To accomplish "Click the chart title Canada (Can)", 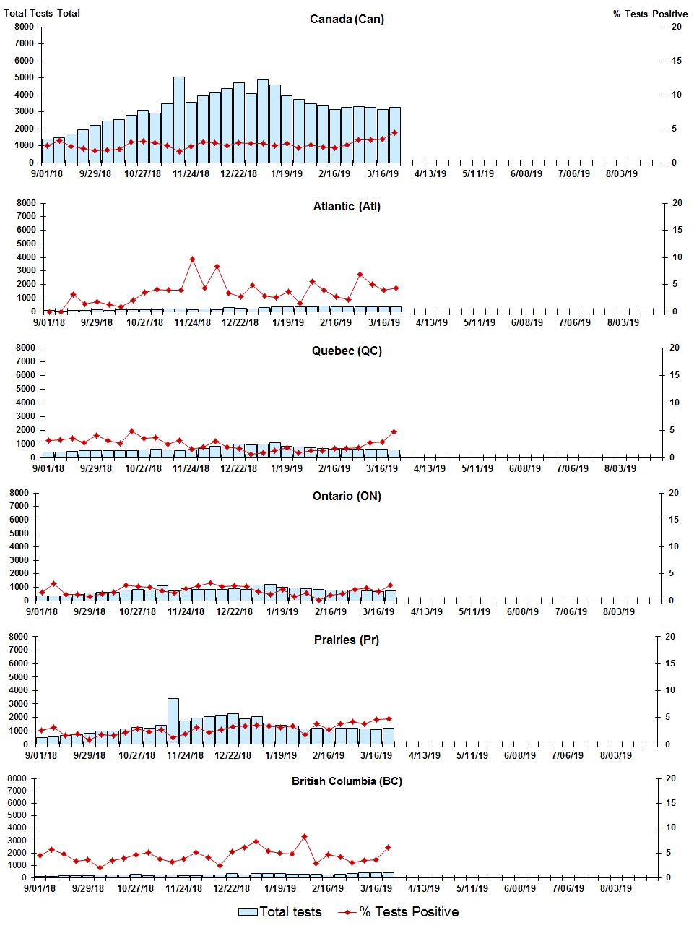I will (x=347, y=19).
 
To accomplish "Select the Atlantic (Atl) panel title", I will (x=347, y=207).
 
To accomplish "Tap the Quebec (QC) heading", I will (x=347, y=351).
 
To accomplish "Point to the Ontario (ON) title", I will (x=347, y=497).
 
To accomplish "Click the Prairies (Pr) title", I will (x=347, y=640).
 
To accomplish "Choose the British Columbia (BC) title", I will (x=347, y=781).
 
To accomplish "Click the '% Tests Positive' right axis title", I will (x=650, y=14).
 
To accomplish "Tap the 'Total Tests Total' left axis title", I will (x=42, y=13).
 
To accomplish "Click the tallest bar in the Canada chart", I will (x=179, y=119).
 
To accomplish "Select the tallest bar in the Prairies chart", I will (x=173, y=721).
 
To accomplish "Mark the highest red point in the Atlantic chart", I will (x=192, y=259).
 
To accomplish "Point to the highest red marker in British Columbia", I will (x=304, y=836).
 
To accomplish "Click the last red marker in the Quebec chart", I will (x=394, y=432).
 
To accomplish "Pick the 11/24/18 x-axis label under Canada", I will (x=191, y=173).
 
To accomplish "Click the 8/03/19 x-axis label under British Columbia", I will (x=615, y=888).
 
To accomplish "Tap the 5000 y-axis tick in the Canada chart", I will (x=24, y=77).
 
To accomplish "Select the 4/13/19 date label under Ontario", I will (x=427, y=611).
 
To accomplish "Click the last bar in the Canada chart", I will (x=394, y=135).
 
